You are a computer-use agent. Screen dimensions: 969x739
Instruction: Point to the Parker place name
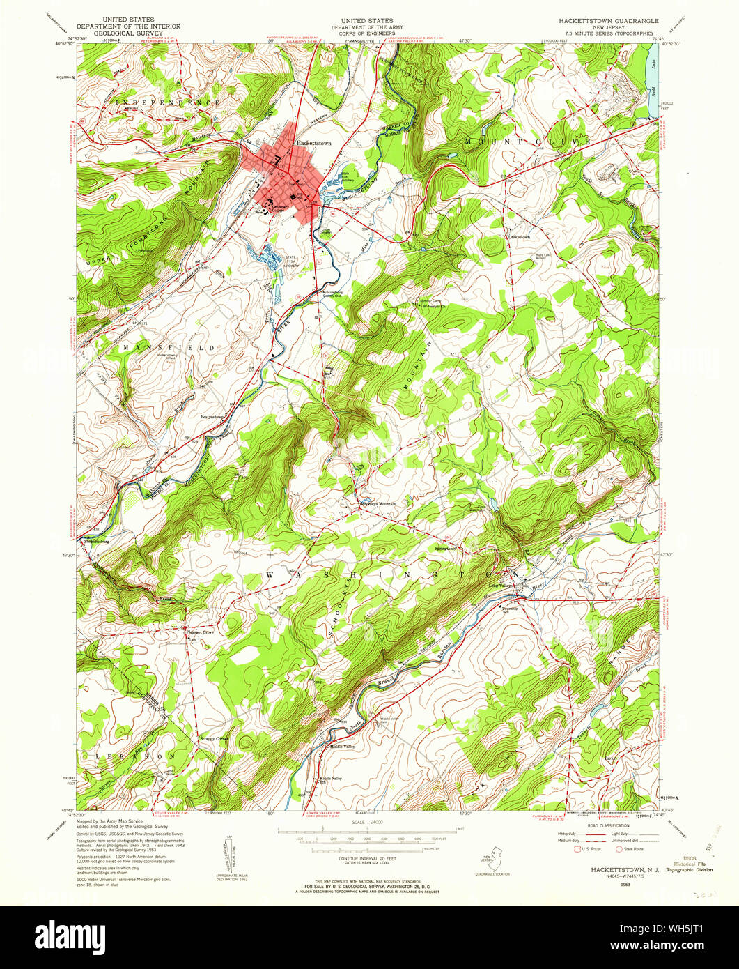tap(612, 758)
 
